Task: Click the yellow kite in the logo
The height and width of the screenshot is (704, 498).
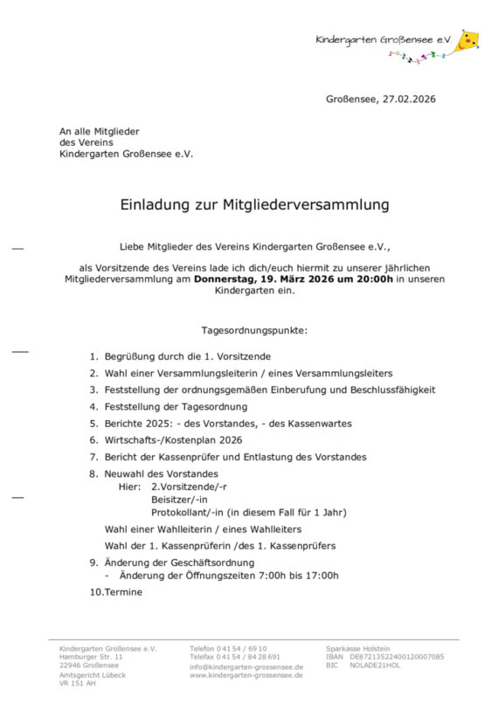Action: pos(468,40)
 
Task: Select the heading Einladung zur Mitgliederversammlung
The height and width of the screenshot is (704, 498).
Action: pos(254,206)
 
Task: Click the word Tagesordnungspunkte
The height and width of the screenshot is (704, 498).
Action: pos(254,330)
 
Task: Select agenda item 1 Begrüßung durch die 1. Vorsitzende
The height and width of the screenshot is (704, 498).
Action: pos(187,356)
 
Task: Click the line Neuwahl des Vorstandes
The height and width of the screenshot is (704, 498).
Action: pos(157,473)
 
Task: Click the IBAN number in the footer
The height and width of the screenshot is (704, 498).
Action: pos(397,657)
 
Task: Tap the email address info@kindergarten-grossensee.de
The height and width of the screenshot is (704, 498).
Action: pos(246,667)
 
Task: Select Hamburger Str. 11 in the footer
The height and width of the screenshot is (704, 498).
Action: pos(91,657)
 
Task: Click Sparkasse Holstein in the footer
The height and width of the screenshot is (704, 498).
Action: pos(358,648)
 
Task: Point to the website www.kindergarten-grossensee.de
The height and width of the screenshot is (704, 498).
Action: pos(246,675)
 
